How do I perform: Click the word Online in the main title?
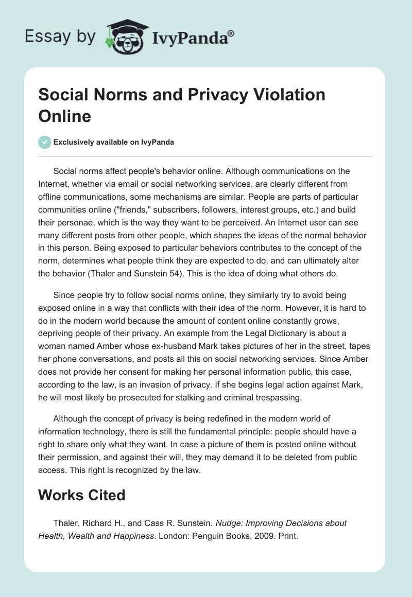[x=65, y=116]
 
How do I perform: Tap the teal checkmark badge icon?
[x=45, y=142]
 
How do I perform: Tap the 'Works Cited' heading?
[x=82, y=495]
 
